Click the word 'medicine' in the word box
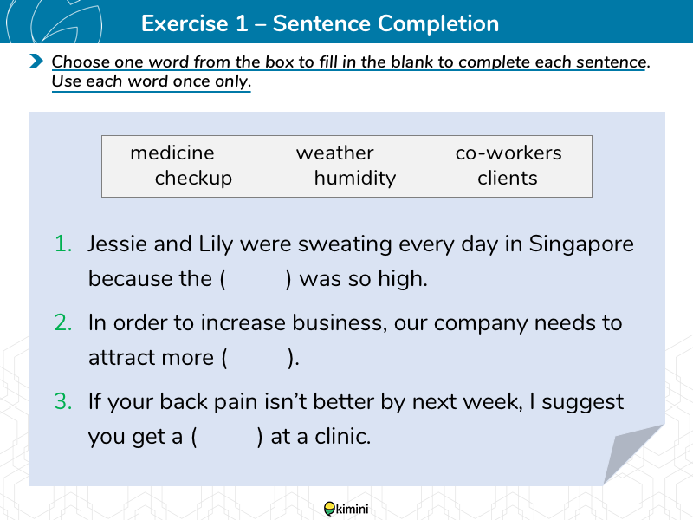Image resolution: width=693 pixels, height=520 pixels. tap(172, 153)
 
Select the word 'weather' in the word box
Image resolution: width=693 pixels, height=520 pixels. tap(335, 153)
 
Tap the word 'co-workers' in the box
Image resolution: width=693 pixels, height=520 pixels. tap(508, 153)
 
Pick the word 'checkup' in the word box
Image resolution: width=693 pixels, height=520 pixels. tap(193, 179)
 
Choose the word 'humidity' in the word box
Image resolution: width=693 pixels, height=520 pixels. tap(355, 179)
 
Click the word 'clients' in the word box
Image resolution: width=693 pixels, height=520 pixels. tap(508, 179)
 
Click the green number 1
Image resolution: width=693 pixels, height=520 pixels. tap(63, 244)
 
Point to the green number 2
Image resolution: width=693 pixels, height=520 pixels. tap(63, 322)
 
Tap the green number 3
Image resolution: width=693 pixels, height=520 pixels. tap(63, 401)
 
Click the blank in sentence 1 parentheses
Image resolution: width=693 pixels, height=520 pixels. tap(256, 279)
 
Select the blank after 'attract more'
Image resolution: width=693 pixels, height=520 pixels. tap(257, 358)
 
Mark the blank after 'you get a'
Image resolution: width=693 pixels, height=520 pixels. tap(227, 437)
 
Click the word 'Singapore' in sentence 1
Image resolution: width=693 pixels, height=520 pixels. tap(581, 244)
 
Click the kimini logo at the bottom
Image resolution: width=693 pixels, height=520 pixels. tap(346, 509)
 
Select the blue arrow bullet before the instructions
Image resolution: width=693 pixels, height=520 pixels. tap(36, 61)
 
